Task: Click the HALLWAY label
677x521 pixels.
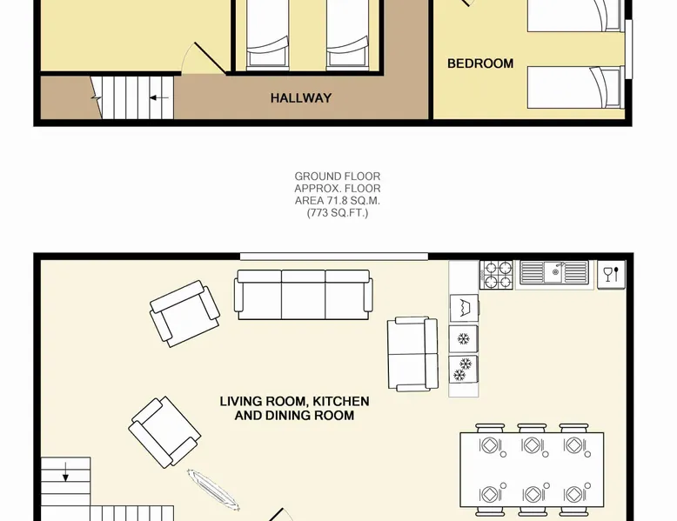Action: tap(301, 98)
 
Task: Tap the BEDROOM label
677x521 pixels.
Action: tap(480, 63)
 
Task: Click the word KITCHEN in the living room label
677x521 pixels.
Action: tap(340, 401)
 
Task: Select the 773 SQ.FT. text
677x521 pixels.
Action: tap(338, 213)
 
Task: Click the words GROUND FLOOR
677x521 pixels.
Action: tap(338, 176)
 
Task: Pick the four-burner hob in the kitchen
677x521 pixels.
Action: tap(496, 275)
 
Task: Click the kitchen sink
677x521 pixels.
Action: tap(554, 272)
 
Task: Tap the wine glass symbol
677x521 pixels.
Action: tap(612, 275)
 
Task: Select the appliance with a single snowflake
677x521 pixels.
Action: tap(463, 339)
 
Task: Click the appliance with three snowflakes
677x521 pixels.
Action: tap(463, 370)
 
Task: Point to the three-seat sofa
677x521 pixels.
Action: tap(303, 294)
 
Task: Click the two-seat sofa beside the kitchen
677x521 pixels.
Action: tap(412, 354)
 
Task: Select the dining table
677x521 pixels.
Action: tap(532, 470)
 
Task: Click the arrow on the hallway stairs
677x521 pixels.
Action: tap(159, 98)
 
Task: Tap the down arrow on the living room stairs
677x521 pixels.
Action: tap(65, 471)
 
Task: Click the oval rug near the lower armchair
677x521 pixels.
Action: tap(213, 490)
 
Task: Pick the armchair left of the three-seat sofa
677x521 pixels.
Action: tap(184, 313)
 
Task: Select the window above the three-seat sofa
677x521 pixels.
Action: tap(334, 257)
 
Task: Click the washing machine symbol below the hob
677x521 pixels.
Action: tap(464, 308)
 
